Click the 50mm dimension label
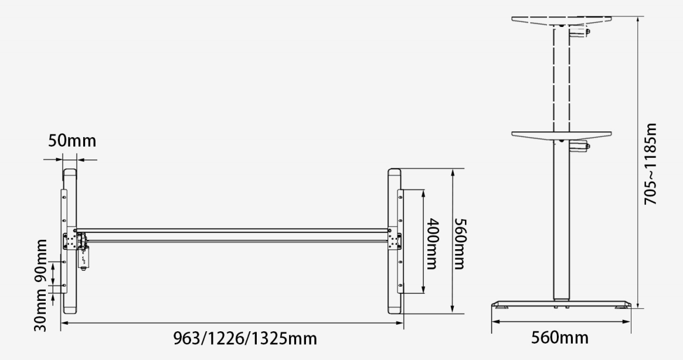click(x=72, y=142)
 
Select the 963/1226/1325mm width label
click(x=246, y=338)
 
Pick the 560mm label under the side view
click(x=560, y=338)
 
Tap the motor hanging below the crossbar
click(x=84, y=256)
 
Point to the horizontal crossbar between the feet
click(x=235, y=234)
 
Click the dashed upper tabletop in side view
click(x=562, y=21)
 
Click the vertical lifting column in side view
click(x=561, y=223)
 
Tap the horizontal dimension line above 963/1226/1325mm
click(x=235, y=323)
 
